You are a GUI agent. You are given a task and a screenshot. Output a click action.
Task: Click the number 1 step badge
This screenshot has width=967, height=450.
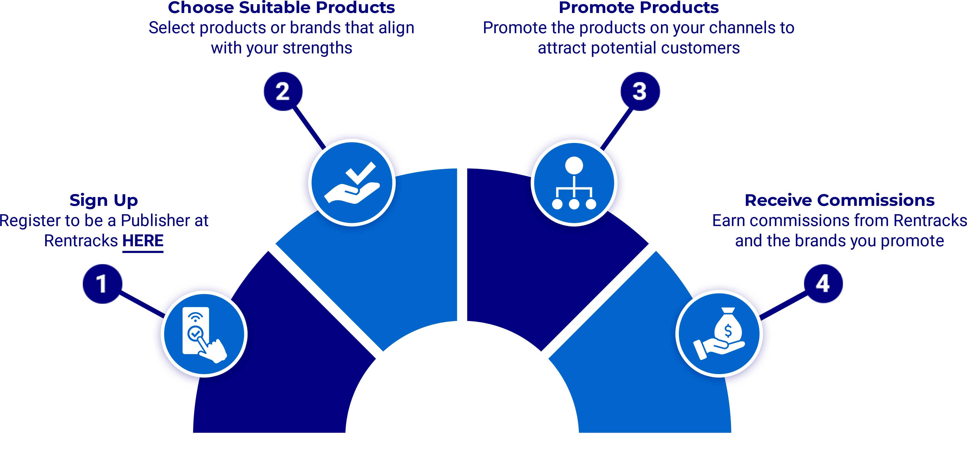point(102,284)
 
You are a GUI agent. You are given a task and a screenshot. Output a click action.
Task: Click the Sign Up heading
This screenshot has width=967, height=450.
point(104,201)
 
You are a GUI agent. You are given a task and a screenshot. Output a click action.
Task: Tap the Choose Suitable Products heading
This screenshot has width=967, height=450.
point(281,7)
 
